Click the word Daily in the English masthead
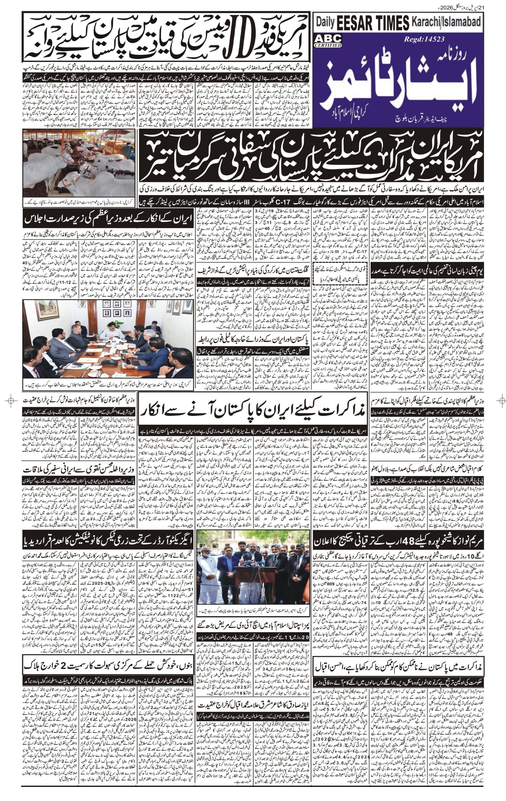(x=325, y=23)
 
